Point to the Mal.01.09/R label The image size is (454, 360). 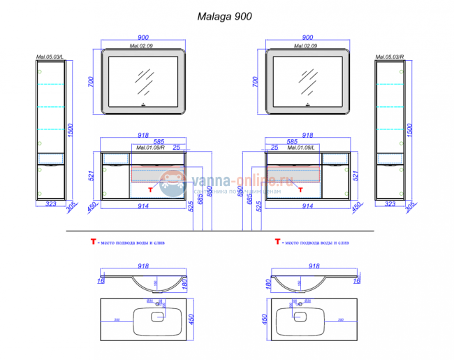148,147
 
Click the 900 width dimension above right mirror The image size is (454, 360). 307,38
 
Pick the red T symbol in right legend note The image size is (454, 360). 278,242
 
